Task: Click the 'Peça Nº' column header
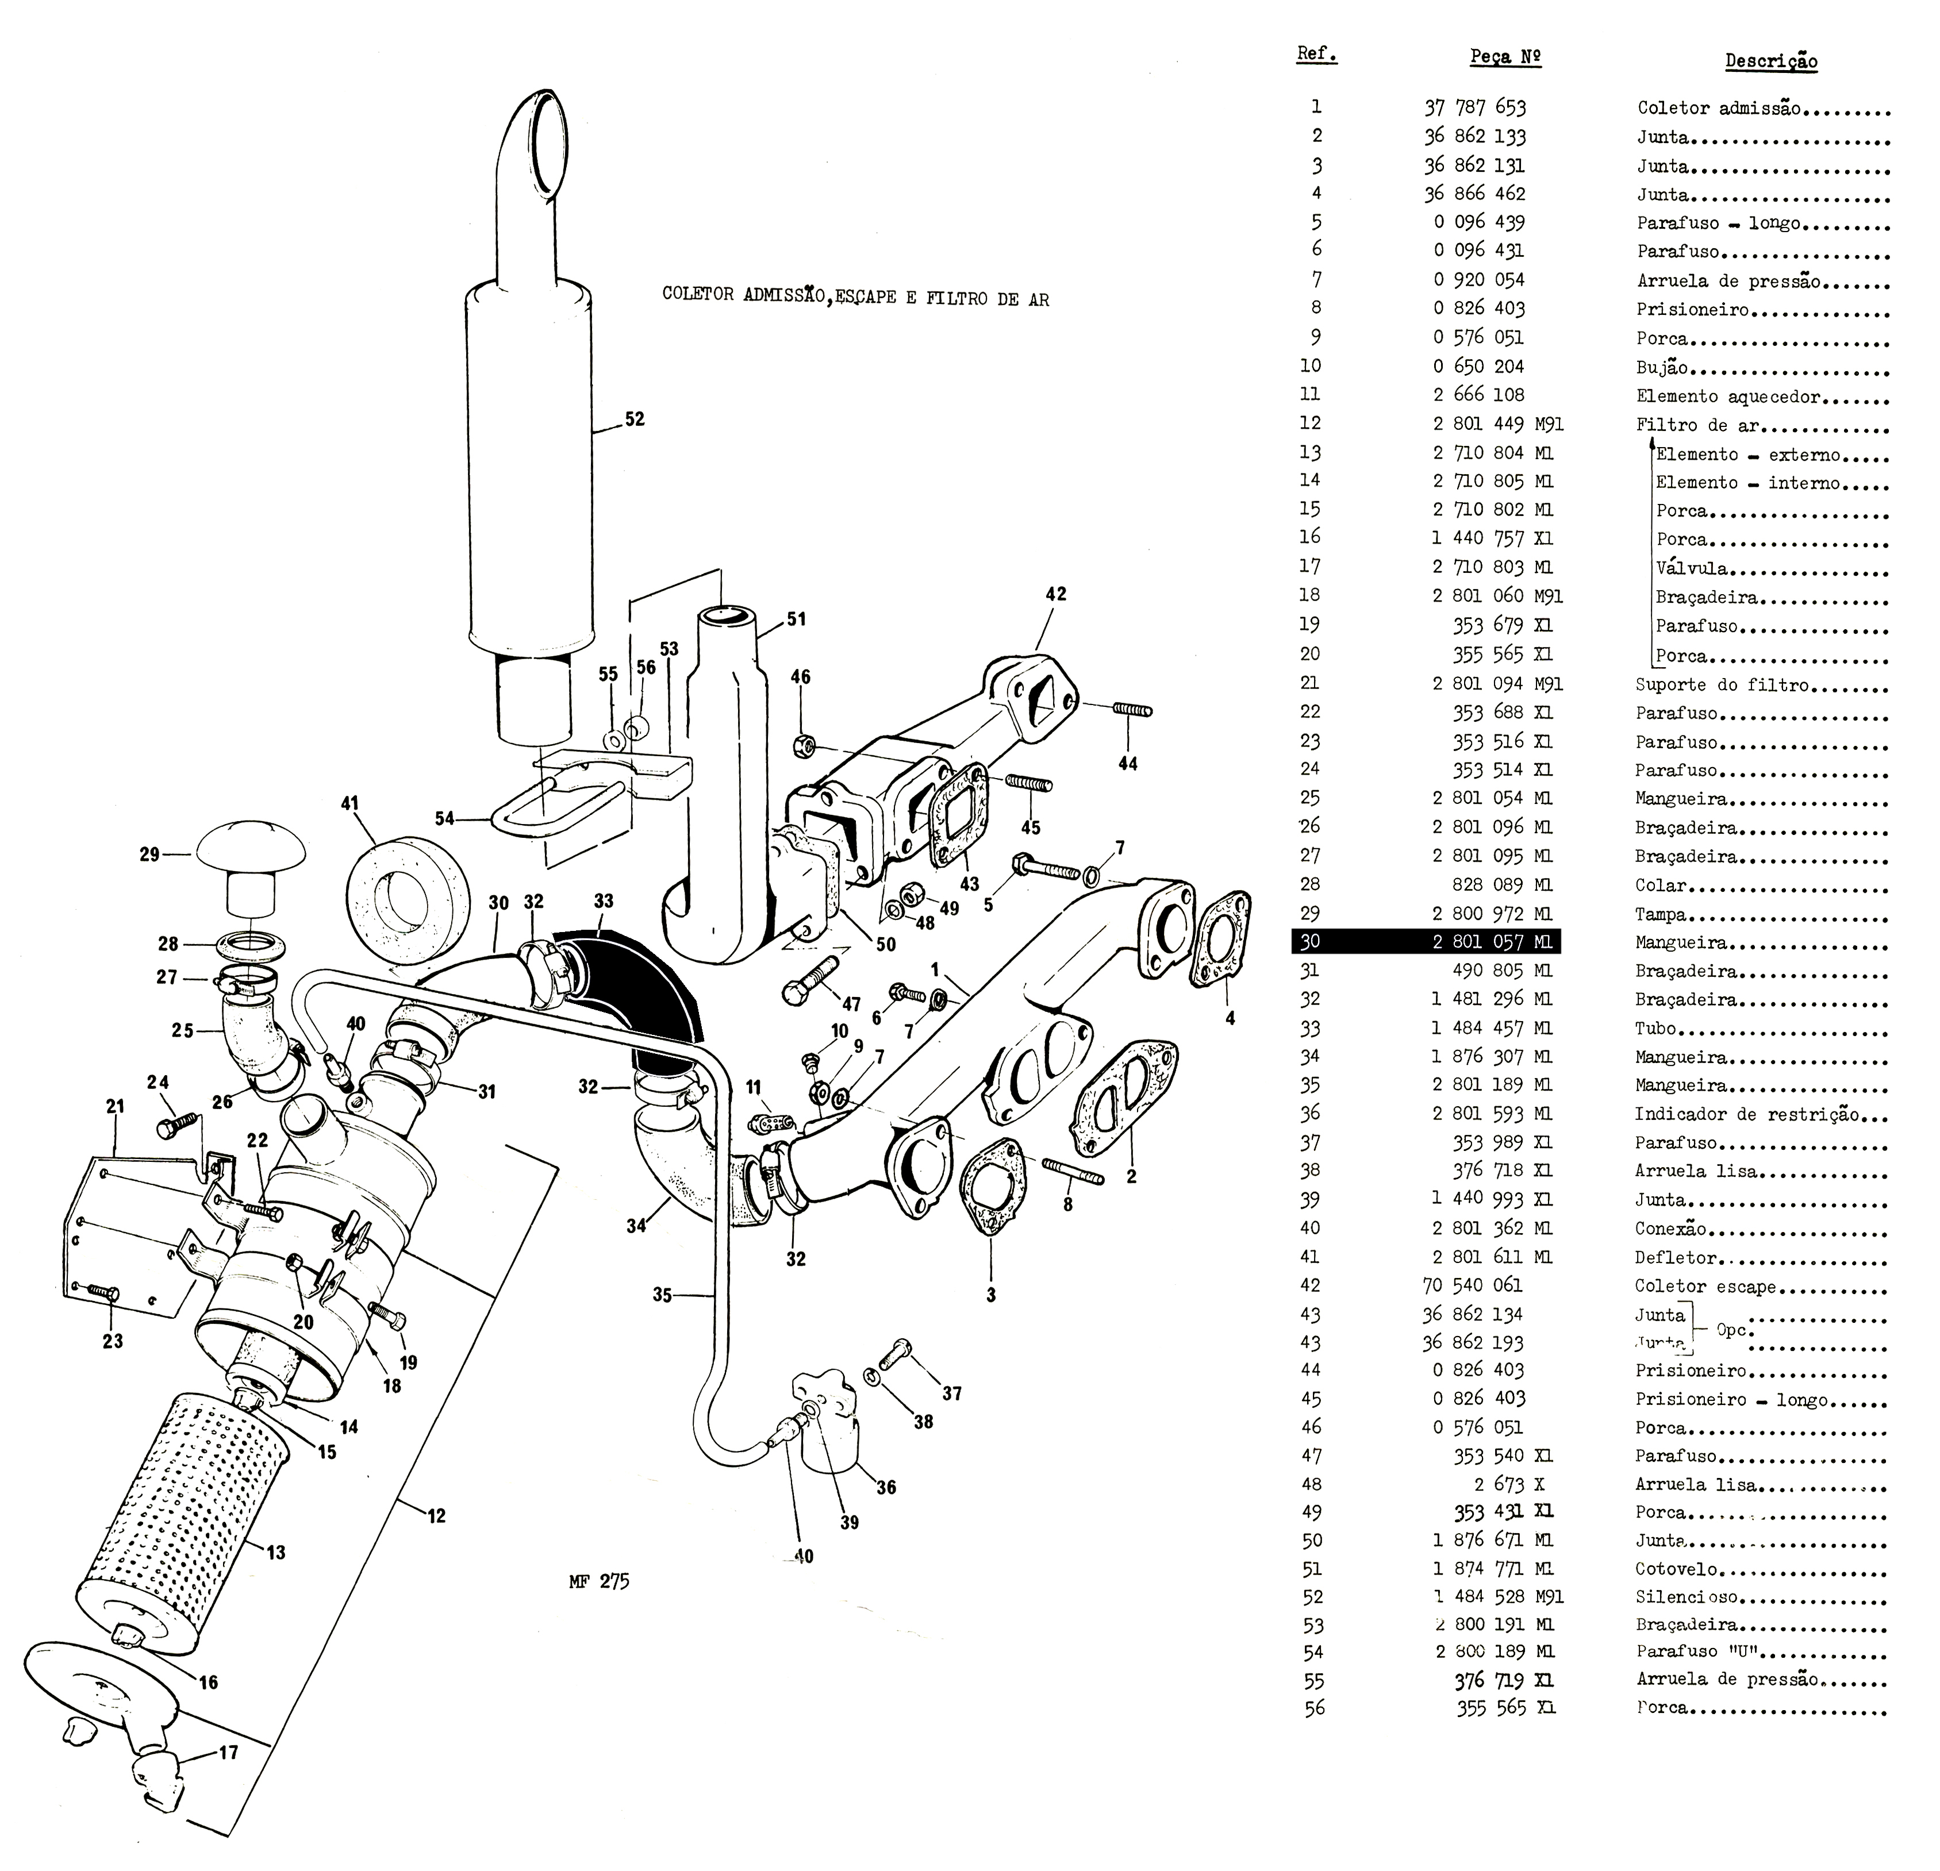(x=1504, y=57)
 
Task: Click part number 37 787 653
(x=1475, y=107)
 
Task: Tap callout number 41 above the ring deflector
(x=349, y=803)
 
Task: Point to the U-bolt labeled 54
(x=554, y=811)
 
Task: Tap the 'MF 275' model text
(x=599, y=1581)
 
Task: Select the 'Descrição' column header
(x=1771, y=61)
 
